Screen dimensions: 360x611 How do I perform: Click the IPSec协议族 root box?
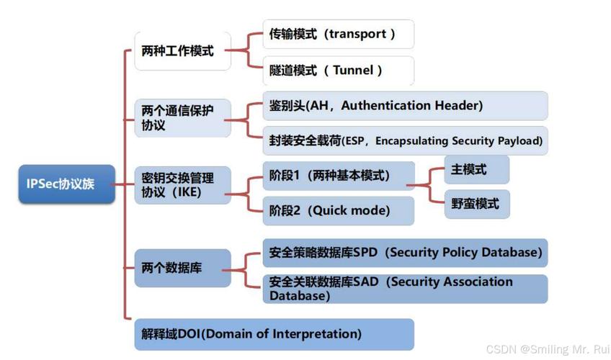click(66, 184)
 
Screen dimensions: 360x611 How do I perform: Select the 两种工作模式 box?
click(182, 51)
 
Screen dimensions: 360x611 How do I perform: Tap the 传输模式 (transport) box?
click(338, 34)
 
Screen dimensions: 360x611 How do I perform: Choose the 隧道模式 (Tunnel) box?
click(338, 71)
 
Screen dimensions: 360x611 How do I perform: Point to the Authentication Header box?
click(404, 106)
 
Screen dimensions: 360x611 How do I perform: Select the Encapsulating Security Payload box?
click(404, 140)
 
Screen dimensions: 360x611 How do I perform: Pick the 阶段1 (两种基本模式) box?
click(338, 176)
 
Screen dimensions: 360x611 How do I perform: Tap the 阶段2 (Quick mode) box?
click(338, 211)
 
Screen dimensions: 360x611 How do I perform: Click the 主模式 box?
click(476, 170)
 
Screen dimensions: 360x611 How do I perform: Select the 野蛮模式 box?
click(476, 204)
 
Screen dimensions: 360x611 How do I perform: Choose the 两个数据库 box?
click(182, 268)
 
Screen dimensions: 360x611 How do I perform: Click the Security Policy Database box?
click(404, 253)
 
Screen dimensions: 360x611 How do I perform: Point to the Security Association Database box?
click(404, 289)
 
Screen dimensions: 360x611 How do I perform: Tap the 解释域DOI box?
click(274, 334)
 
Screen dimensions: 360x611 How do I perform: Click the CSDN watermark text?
click(545, 349)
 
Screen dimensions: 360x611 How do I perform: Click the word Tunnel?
click(353, 71)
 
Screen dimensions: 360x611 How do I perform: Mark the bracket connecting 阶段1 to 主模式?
click(430, 186)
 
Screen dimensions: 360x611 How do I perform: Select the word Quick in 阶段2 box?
click(332, 211)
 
